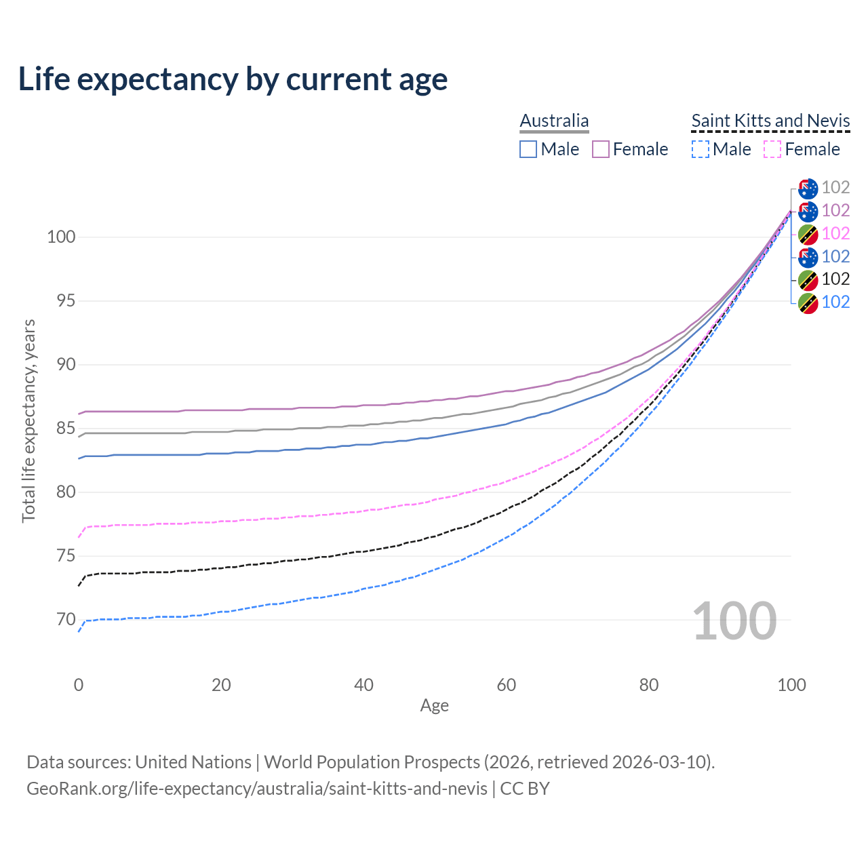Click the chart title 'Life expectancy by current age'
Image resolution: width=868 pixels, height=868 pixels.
click(233, 79)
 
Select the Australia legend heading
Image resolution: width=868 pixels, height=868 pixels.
click(554, 121)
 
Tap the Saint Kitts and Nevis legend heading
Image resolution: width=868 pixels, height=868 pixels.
click(770, 121)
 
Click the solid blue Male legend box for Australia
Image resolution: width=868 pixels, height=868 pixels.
click(528, 149)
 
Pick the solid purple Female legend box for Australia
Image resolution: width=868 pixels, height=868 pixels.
click(601, 149)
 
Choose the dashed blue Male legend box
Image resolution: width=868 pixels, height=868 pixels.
click(701, 149)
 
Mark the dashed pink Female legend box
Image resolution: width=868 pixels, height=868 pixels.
click(772, 149)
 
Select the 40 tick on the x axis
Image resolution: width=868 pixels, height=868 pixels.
click(364, 685)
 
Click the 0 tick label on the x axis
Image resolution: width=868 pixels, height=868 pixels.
click(79, 685)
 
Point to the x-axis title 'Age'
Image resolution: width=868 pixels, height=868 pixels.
click(434, 706)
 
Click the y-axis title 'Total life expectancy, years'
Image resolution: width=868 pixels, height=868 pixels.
click(28, 420)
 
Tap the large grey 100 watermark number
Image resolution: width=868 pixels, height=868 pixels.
click(734, 621)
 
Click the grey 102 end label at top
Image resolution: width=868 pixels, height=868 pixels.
click(835, 188)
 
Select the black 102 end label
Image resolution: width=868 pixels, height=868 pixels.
click(835, 279)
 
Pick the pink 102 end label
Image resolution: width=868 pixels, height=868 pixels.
click(835, 234)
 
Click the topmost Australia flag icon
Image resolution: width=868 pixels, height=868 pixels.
click(808, 189)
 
